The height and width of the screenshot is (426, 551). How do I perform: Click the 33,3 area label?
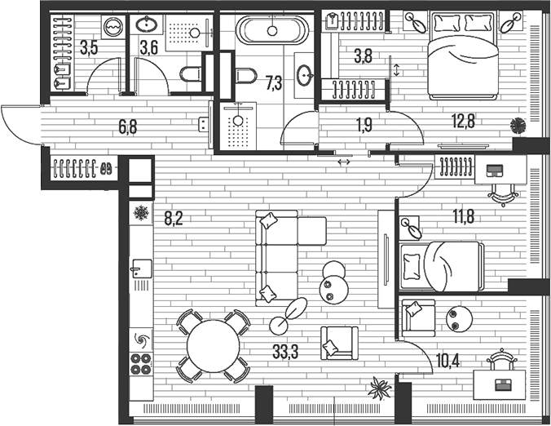tap(285, 352)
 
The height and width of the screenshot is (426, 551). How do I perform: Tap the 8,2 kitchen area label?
tap(174, 219)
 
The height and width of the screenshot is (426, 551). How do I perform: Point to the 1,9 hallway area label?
tap(364, 125)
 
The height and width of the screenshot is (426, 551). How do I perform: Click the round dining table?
tap(214, 346)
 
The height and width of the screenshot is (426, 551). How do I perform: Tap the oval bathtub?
tap(272, 30)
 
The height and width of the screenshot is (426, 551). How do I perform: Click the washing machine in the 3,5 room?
tap(112, 27)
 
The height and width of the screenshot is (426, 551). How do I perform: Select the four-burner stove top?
tap(141, 364)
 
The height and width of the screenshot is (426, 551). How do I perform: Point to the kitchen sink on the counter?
tap(142, 268)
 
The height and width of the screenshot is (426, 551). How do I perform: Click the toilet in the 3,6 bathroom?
tap(191, 74)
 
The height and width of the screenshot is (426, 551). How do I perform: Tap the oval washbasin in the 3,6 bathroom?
tap(146, 24)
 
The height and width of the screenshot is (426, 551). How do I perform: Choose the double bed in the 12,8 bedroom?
tap(463, 55)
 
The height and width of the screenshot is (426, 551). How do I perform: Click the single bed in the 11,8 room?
tap(442, 266)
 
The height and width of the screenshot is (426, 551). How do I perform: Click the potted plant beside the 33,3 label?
tap(380, 388)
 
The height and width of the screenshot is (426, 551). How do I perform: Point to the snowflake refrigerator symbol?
tap(141, 213)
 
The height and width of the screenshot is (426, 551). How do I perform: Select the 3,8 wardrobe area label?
tap(363, 56)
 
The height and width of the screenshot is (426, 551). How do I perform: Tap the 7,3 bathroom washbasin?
tap(304, 75)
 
